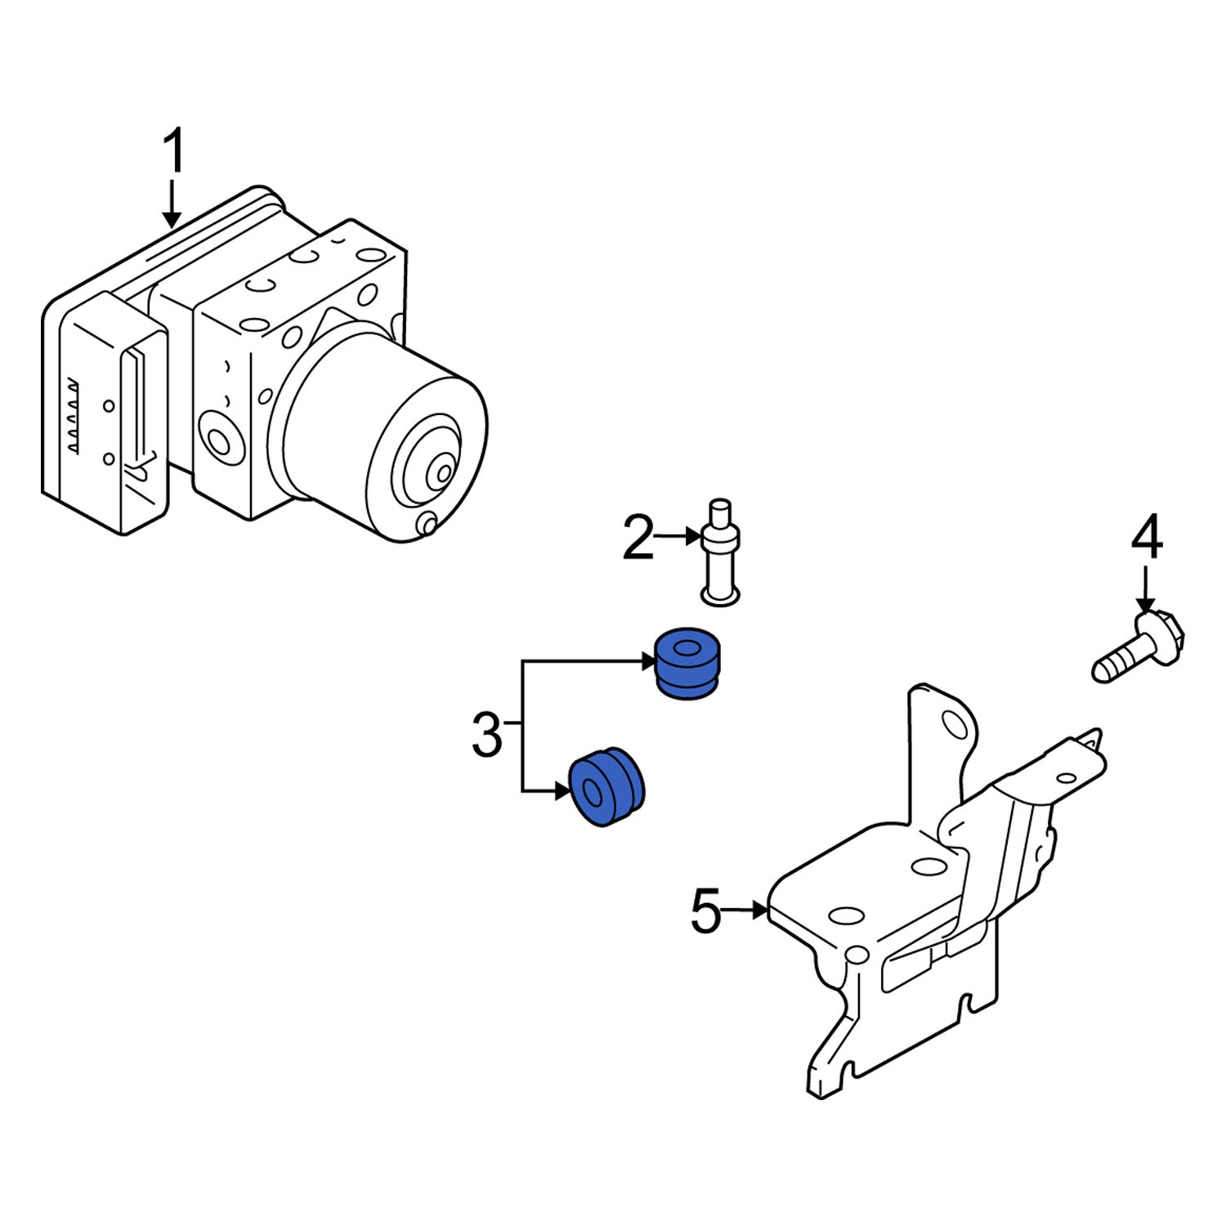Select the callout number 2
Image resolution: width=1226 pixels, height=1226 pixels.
(x=638, y=538)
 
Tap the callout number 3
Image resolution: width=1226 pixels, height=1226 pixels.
(x=487, y=733)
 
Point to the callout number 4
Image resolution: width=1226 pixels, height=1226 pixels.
(x=1147, y=537)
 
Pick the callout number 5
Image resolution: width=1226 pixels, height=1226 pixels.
(x=706, y=911)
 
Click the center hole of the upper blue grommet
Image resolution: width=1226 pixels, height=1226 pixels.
(x=688, y=650)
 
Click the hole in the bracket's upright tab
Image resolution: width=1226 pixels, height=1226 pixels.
(x=953, y=723)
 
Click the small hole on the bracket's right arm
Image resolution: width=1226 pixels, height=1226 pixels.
(x=1066, y=779)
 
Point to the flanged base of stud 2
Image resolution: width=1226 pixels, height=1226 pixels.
(x=720, y=597)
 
